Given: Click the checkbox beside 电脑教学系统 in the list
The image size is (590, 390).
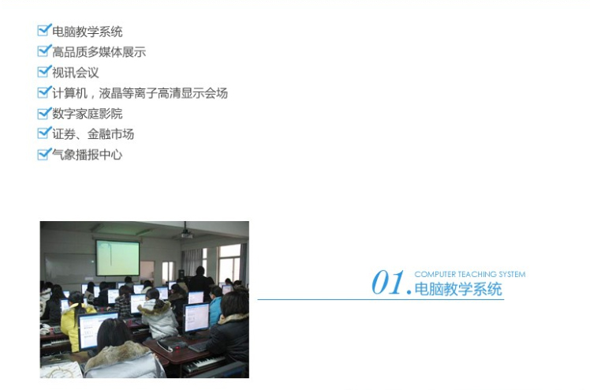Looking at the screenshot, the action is pos(44,30).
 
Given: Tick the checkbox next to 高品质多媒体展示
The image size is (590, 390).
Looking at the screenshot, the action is pos(44,51).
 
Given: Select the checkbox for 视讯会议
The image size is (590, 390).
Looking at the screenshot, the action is pos(44,71).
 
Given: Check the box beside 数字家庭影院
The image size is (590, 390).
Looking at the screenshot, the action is pos(44,113).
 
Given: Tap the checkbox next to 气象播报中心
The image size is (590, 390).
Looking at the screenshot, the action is pos(44,154).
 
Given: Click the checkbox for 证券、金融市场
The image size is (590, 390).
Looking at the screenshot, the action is pos(44,133).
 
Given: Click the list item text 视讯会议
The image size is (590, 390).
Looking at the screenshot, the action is pos(75,73).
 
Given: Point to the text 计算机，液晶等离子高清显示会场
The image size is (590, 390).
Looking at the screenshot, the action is pos(140,93).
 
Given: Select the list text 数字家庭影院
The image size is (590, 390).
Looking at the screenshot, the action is pos(88,114).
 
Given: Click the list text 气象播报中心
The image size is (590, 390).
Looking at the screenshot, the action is pos(88,155).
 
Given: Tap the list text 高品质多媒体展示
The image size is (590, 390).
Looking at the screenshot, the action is pos(99,52).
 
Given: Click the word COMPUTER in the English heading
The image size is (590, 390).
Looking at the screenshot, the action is pos(435,275).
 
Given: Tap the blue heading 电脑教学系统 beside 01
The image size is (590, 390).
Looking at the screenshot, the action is pos(458,289).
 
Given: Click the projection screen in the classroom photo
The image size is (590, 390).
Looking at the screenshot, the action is pos(118,258).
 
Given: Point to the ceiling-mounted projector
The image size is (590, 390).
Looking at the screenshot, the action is pos(185,235).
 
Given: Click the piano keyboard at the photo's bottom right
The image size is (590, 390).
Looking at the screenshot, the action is pos(204,364).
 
